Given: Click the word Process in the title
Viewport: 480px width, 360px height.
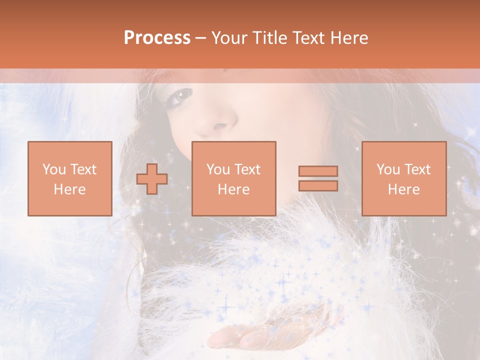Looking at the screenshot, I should pyautogui.click(x=157, y=38).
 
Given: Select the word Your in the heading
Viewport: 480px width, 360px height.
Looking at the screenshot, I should pyautogui.click(x=227, y=38).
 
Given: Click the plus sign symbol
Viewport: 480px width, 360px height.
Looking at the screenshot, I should pyautogui.click(x=152, y=178).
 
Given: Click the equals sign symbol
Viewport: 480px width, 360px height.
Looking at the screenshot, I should pyautogui.click(x=318, y=178).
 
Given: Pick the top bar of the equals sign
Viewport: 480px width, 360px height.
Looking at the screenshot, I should pyautogui.click(x=318, y=171).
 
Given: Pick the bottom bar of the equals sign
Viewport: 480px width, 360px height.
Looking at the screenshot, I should pyautogui.click(x=318, y=185).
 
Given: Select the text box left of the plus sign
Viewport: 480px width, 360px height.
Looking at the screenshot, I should pyautogui.click(x=69, y=178).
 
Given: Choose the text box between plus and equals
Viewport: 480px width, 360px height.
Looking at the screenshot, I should pyautogui.click(x=233, y=178).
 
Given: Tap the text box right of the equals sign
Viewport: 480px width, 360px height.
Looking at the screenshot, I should pyautogui.click(x=403, y=178).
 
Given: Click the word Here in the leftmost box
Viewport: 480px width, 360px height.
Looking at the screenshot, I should pyautogui.click(x=69, y=189).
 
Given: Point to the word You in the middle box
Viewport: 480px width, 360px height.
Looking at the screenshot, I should pyautogui.click(x=218, y=169).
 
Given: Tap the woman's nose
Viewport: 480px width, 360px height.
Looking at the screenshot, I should pyautogui.click(x=220, y=122).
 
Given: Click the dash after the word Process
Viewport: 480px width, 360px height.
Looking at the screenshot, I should pyautogui.click(x=200, y=38).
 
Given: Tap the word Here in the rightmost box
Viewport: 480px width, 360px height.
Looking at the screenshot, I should pyautogui.click(x=403, y=189).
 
